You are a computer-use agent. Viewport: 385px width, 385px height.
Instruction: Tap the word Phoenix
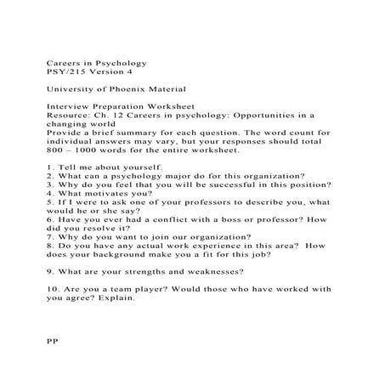click(x=127, y=89)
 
